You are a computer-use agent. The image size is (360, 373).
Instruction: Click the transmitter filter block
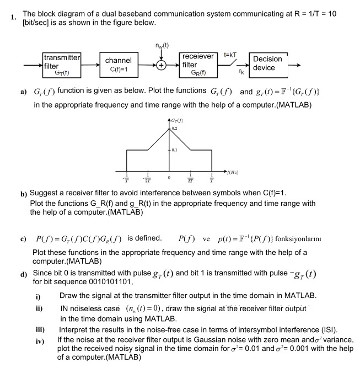click(62, 65)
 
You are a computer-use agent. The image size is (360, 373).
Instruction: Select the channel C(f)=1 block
click(118, 65)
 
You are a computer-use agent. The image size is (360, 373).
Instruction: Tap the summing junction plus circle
click(160, 65)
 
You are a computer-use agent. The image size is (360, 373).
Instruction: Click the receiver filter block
click(197, 65)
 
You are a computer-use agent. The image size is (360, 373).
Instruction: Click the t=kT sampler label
click(230, 55)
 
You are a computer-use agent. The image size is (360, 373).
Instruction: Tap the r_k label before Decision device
click(241, 71)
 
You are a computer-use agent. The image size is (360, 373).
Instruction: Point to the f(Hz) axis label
click(231, 173)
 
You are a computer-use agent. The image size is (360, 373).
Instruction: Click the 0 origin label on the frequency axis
click(170, 178)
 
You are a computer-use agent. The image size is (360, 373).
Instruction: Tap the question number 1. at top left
click(13, 17)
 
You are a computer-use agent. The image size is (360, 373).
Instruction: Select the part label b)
click(24, 194)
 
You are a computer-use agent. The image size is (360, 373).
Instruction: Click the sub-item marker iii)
click(39, 329)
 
